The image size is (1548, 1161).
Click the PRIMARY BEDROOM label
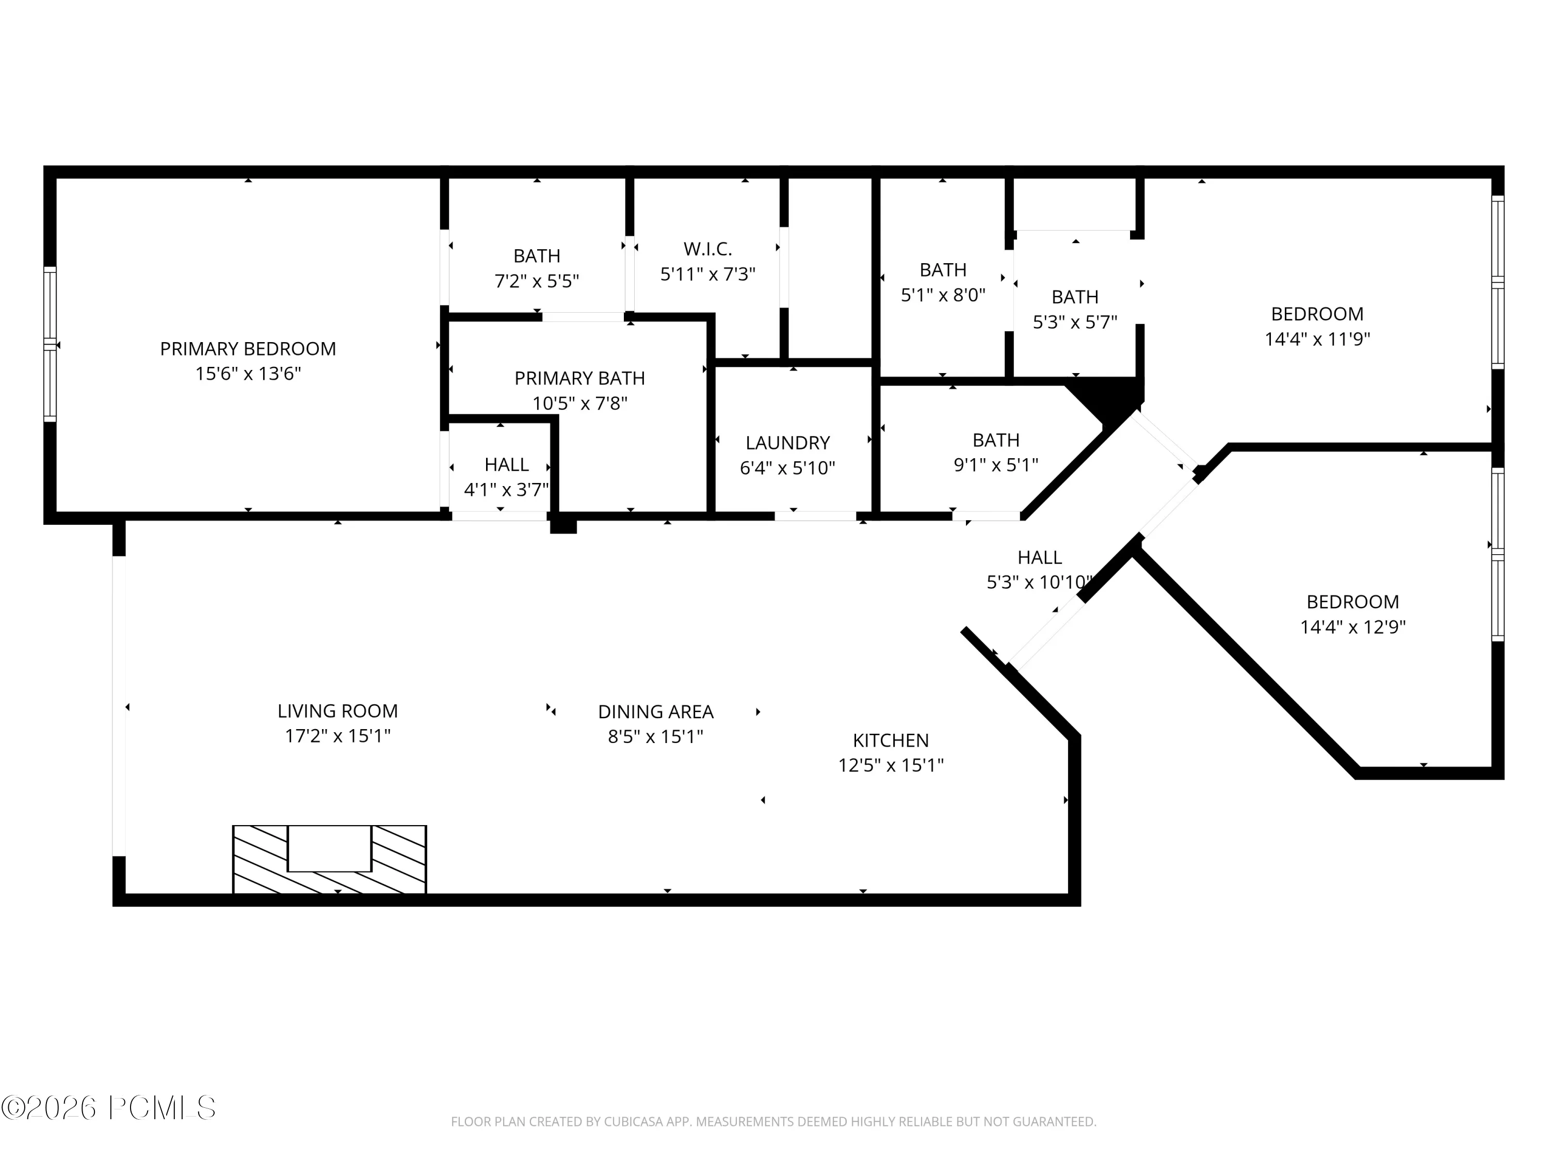point(248,348)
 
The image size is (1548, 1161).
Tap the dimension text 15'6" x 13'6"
point(248,374)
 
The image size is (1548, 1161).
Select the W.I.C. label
point(707,248)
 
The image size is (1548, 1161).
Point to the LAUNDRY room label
point(787,442)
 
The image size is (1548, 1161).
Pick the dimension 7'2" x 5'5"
point(537,281)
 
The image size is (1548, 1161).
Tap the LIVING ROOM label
point(337,711)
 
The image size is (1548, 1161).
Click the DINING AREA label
point(656,712)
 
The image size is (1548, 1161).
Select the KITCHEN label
point(891,740)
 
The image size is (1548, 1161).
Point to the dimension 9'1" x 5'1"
point(996,465)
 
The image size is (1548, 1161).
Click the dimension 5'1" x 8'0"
point(943,295)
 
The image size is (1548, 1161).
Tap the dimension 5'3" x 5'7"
point(1075,322)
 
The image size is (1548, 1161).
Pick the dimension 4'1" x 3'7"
point(507,490)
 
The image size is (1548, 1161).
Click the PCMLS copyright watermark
point(108,1108)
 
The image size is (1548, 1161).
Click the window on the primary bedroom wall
point(50,344)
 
